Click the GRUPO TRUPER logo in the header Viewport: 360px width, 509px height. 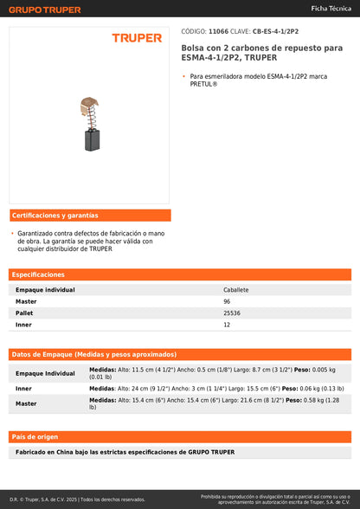pos(45,10)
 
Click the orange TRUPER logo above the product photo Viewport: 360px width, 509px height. pos(137,38)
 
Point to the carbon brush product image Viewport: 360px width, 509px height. pos(88,121)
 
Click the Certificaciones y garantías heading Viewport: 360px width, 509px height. pos(55,215)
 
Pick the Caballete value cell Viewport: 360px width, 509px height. pos(235,290)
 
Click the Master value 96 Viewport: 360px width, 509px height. pos(227,301)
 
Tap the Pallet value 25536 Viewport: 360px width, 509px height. pos(231,312)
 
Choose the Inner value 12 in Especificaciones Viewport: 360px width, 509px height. pos(227,324)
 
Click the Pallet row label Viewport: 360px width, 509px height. pos(24,312)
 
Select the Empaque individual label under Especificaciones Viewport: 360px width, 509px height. pos(45,290)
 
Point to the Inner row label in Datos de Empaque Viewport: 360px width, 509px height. pos(23,389)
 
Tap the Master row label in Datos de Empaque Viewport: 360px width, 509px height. pos(26,403)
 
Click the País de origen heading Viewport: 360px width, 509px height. pos(35,436)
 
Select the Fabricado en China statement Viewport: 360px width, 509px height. pos(125,452)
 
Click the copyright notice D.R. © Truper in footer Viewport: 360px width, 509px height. pos(78,499)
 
